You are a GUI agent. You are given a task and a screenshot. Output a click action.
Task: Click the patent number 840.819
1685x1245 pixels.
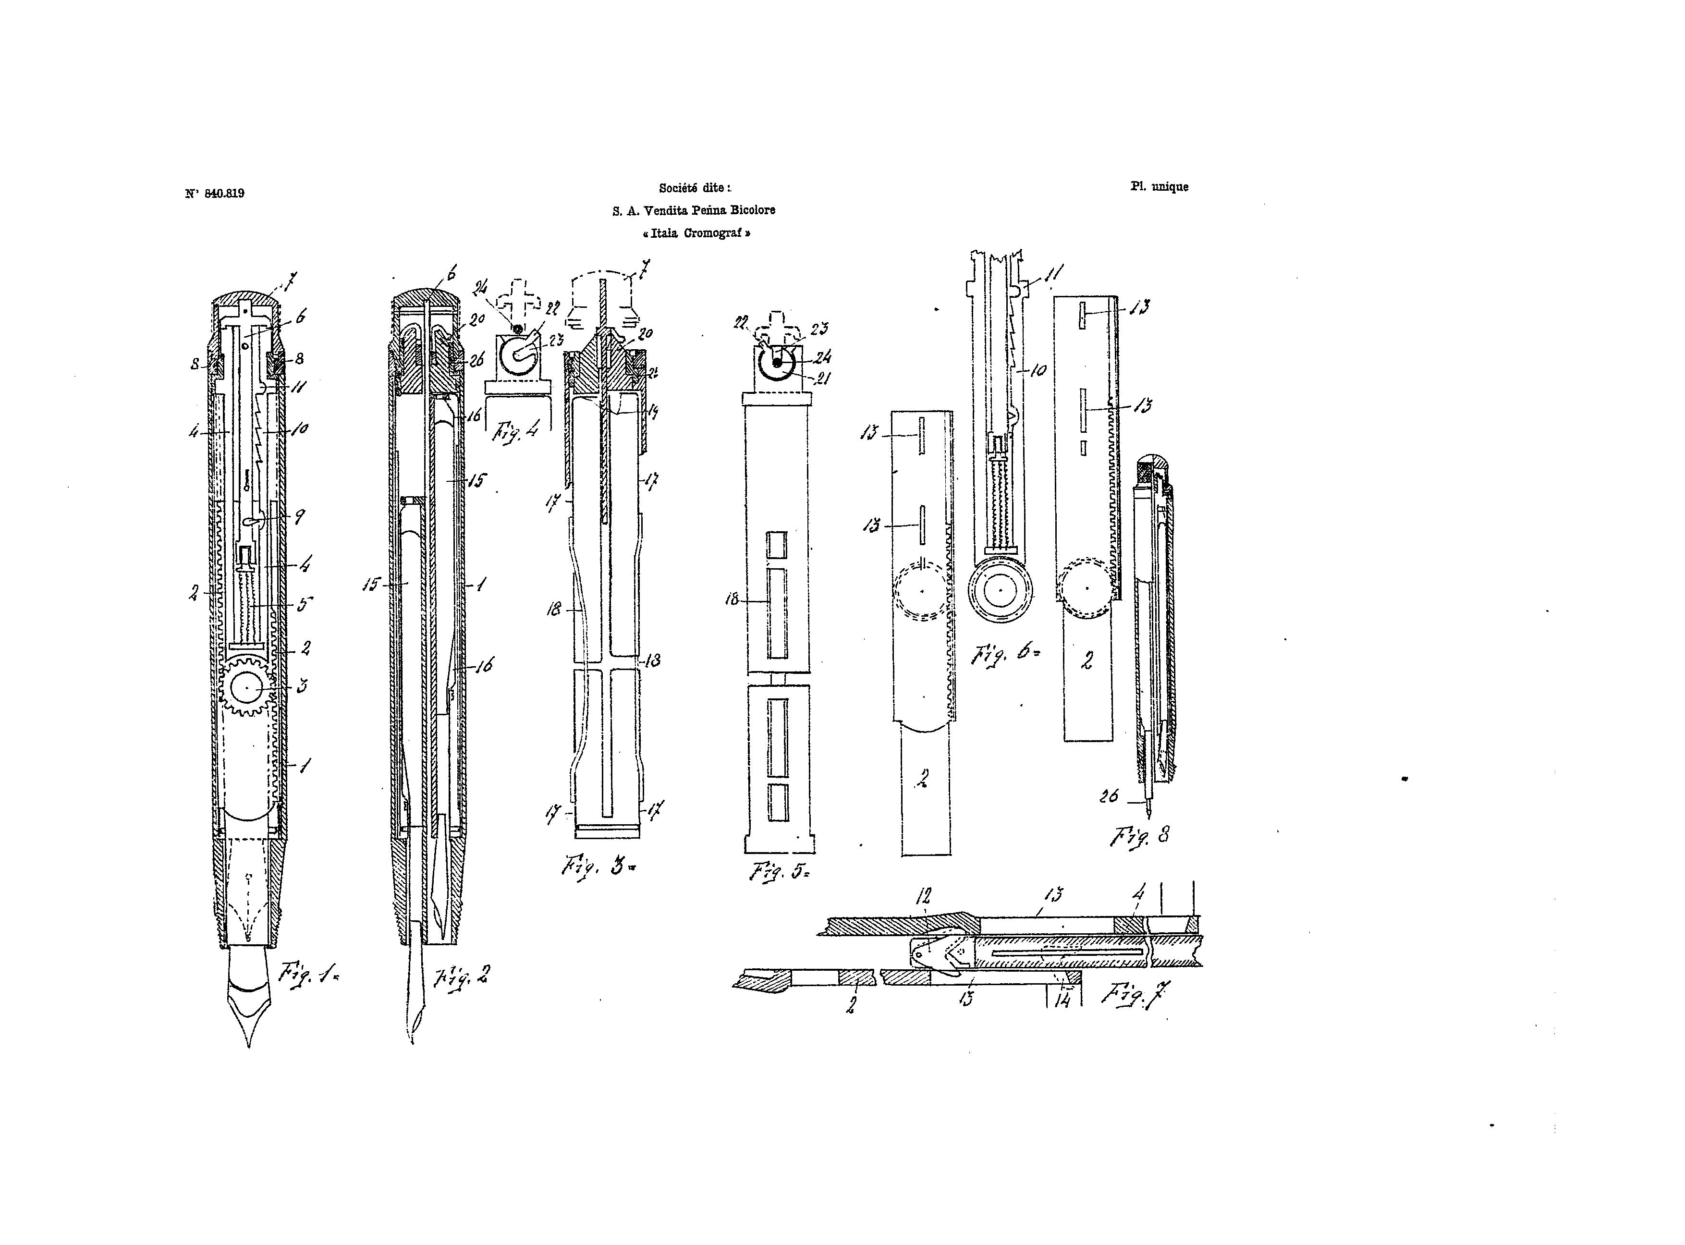(224, 194)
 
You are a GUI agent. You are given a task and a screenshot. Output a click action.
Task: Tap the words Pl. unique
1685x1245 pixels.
(1159, 186)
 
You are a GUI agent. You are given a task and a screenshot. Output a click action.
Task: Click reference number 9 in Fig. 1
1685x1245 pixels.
(299, 517)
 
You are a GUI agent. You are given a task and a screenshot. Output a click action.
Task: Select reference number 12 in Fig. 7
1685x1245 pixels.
(924, 896)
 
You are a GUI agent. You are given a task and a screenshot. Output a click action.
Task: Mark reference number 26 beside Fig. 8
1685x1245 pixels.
(1109, 796)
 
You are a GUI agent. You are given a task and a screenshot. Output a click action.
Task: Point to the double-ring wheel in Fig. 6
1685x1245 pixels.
(1000, 590)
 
